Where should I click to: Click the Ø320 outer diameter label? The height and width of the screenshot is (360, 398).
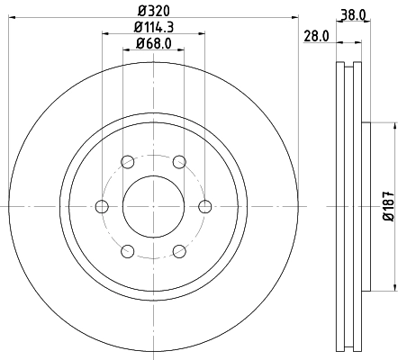tap(153, 11)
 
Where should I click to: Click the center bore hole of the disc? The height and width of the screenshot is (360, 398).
tap(153, 205)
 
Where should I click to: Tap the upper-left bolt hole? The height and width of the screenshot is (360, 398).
tap(127, 161)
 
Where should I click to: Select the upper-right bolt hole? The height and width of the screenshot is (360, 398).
tap(179, 161)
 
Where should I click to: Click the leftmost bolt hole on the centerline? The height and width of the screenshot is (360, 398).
tap(102, 205)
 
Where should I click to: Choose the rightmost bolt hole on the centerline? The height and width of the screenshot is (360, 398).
tap(204, 205)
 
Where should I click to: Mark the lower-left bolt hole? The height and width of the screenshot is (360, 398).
tap(127, 250)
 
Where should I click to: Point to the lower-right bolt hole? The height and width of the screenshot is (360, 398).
tap(179, 250)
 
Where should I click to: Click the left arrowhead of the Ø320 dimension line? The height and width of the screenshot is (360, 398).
tap(13, 19)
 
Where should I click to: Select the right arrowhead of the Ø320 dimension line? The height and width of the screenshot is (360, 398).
tap(294, 19)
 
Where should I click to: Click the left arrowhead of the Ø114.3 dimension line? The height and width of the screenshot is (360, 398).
tap(105, 34)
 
